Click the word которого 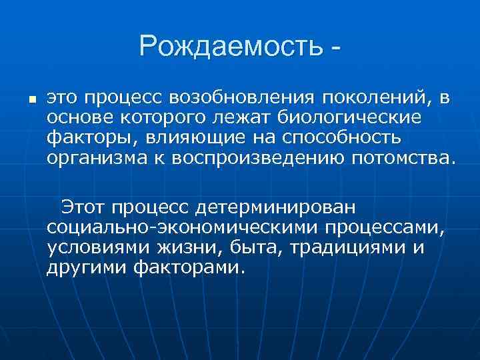pyautogui.click(x=147, y=118)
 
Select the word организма pyautogui.click(x=92, y=159)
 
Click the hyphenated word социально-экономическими pyautogui.click(x=182, y=228)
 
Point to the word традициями pyautogui.click(x=349, y=248)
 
